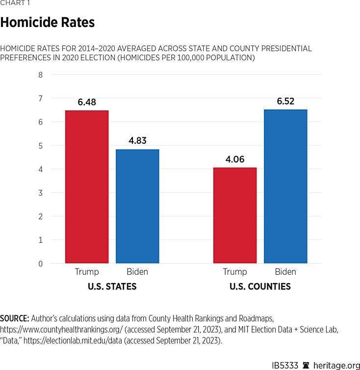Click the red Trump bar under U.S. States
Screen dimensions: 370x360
[x=87, y=187]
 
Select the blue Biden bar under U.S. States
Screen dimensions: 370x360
[x=137, y=206]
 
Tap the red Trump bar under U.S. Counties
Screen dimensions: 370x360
[x=235, y=215]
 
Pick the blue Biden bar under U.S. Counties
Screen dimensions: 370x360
[x=285, y=186]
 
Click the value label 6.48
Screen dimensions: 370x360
[x=87, y=103]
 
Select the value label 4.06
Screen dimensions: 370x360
[x=235, y=159]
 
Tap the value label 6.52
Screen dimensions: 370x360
[x=285, y=102]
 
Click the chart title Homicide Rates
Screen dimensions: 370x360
[x=48, y=23]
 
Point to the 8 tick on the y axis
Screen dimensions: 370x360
[x=41, y=75]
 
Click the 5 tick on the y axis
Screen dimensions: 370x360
[x=41, y=146]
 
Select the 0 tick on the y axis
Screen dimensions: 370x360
[x=41, y=264]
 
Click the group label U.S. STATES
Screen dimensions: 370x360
[x=112, y=287]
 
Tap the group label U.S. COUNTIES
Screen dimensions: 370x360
[x=260, y=287]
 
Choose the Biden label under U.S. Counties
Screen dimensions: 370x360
[x=285, y=272]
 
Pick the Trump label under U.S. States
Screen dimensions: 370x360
[x=87, y=272]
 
